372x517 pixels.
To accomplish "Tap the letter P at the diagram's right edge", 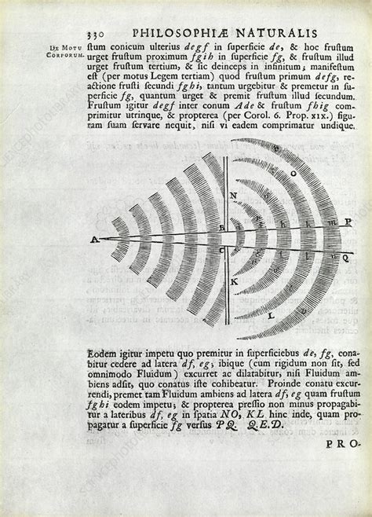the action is [x=348, y=222].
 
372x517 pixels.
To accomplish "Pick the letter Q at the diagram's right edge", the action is [x=348, y=255].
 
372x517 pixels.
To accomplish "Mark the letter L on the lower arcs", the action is [x=294, y=314].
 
